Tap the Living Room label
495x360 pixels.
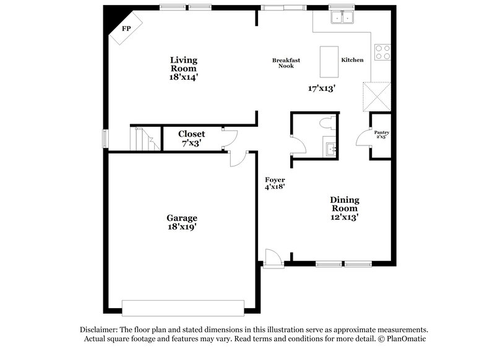[x=184, y=69]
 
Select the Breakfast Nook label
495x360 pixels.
[x=286, y=62]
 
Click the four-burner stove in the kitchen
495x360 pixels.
[x=382, y=52]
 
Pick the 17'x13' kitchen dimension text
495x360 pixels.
[x=321, y=88]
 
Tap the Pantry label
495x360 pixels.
[x=382, y=134]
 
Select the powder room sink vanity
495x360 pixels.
[x=329, y=148]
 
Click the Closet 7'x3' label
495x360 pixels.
[x=191, y=138]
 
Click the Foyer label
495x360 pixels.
[x=275, y=183]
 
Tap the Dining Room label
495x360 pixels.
[x=345, y=208]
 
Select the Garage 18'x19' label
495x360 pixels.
[x=181, y=222]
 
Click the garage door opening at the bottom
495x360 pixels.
[x=183, y=307]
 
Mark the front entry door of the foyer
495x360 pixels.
[x=270, y=259]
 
